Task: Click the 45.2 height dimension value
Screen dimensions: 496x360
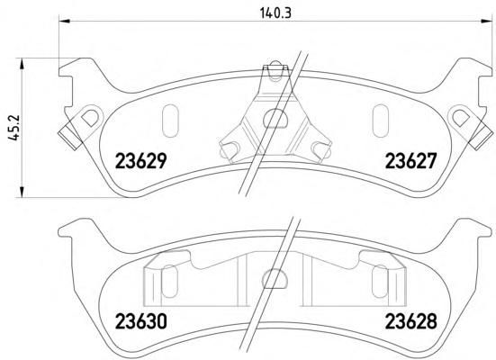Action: click(14, 127)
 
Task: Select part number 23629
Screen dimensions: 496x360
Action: click(140, 161)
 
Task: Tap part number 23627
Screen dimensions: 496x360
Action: click(410, 161)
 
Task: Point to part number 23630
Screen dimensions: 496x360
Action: click(140, 321)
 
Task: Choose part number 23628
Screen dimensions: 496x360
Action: click(410, 321)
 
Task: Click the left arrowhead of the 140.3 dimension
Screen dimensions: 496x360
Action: click(64, 21)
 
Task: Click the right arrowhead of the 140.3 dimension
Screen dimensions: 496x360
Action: click(486, 21)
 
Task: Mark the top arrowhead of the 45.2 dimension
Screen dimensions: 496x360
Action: click(22, 63)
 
